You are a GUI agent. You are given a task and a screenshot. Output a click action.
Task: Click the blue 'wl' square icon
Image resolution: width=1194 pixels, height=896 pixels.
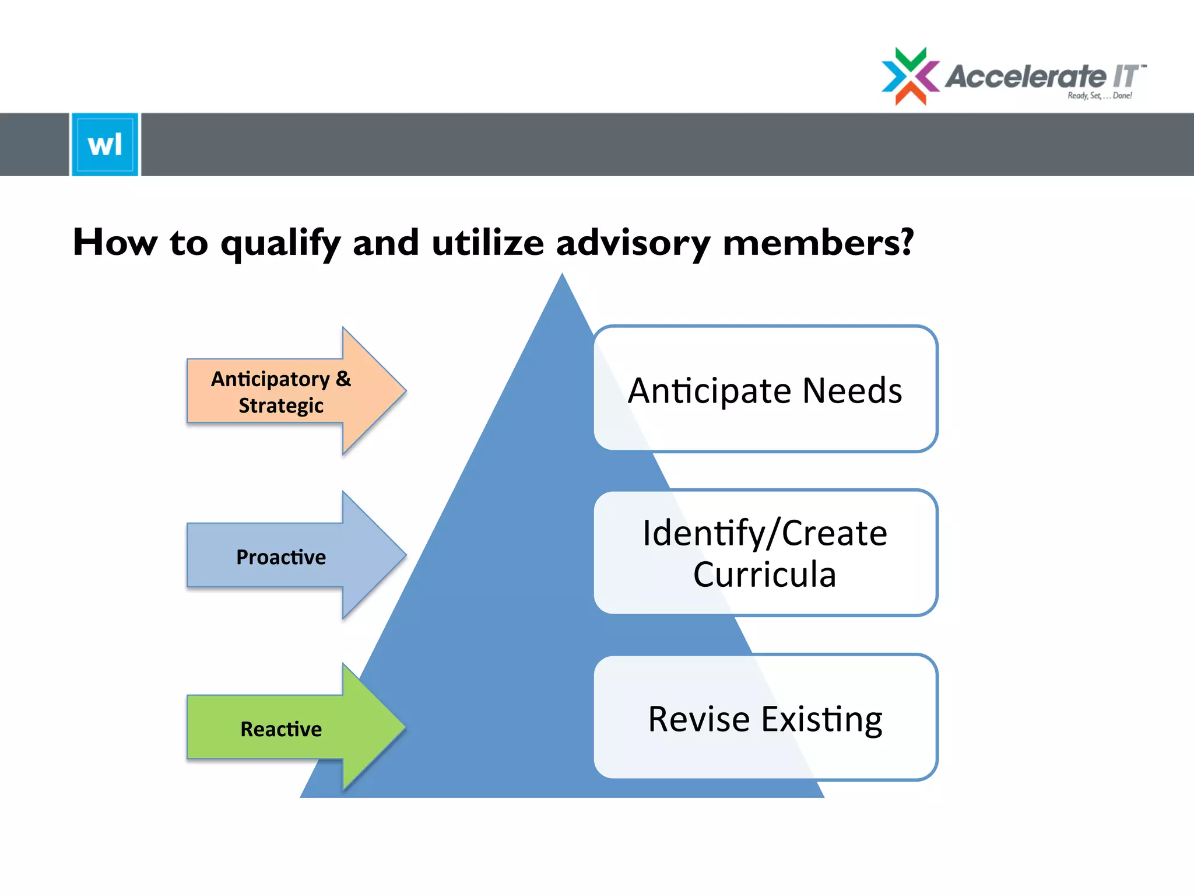(x=105, y=144)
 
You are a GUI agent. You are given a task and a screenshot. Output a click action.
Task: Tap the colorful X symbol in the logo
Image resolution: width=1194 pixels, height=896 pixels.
(x=910, y=76)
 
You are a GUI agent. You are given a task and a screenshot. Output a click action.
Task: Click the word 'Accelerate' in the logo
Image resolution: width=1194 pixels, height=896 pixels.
(x=1025, y=76)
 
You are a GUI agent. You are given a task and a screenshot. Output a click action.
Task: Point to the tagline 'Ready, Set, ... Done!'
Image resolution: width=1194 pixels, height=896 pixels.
(x=1100, y=96)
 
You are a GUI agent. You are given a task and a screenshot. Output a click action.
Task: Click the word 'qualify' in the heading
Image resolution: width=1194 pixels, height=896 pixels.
(x=280, y=243)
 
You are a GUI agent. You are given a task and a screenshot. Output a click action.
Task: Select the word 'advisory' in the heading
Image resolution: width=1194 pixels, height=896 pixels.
(x=633, y=243)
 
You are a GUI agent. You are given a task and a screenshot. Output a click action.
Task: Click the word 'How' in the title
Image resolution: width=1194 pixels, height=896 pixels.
(x=115, y=242)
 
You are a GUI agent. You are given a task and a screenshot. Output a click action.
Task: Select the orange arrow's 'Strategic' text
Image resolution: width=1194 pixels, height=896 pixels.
(x=281, y=405)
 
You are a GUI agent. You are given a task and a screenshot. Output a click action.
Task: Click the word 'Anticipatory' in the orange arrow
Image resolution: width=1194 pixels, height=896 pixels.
(x=270, y=379)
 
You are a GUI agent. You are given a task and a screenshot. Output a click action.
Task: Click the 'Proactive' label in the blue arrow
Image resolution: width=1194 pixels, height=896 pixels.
(x=281, y=557)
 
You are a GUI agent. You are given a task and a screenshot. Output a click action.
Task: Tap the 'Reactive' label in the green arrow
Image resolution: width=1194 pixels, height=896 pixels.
(x=281, y=729)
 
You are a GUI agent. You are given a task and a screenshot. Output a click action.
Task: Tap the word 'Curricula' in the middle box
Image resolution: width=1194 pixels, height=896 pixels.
(x=764, y=575)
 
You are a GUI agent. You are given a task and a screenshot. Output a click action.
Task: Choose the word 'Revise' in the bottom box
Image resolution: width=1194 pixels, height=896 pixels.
(x=698, y=719)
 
